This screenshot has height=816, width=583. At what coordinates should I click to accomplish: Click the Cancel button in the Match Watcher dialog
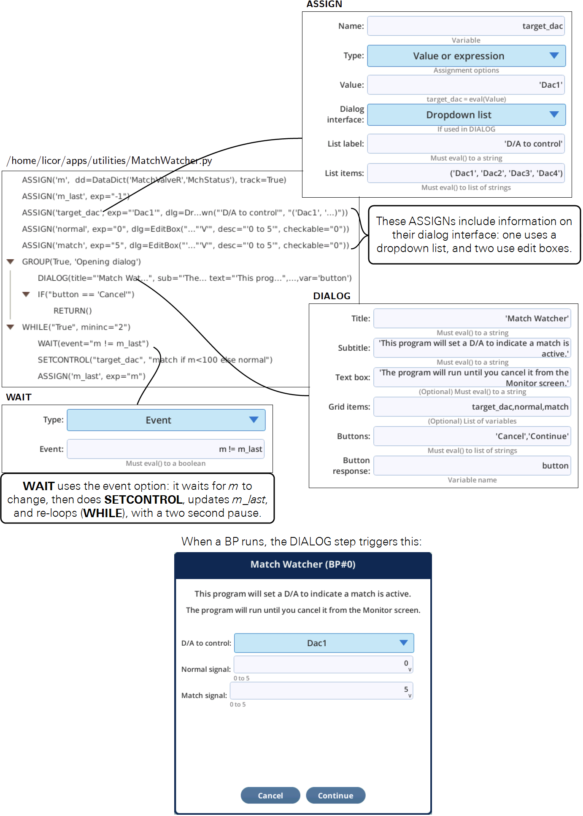(270, 795)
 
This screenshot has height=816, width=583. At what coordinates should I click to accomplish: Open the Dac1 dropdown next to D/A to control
(324, 643)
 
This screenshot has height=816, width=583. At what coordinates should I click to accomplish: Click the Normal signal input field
(323, 665)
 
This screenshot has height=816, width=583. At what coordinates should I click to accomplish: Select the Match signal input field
(321, 691)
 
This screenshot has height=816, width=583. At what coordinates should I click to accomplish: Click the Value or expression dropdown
(466, 56)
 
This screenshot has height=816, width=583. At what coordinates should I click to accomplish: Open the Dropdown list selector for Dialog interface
(466, 115)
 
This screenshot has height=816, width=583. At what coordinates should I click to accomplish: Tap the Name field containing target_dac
(466, 26)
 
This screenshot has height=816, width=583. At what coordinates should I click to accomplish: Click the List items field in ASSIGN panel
(466, 173)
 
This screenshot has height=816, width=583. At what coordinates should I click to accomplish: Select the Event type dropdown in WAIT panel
(166, 420)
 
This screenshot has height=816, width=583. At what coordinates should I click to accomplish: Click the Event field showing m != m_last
(166, 449)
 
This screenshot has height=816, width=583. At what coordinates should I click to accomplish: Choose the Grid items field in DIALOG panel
(472, 407)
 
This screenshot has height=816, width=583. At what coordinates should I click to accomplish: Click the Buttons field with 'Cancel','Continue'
(472, 436)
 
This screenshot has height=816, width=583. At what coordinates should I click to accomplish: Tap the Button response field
(472, 466)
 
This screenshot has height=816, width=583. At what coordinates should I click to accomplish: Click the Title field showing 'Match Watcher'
(472, 319)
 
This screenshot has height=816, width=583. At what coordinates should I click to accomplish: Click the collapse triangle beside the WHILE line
(11, 327)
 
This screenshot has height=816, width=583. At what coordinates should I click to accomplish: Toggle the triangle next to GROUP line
(11, 262)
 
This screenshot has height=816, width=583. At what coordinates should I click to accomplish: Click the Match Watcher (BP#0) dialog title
(303, 564)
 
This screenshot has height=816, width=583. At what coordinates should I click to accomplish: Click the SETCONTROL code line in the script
(155, 360)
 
